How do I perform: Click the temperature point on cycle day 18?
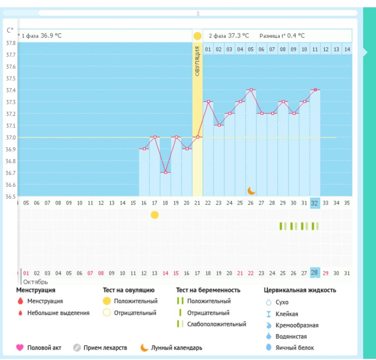[166, 172]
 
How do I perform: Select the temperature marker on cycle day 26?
[251, 90]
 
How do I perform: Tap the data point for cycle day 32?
[315, 90]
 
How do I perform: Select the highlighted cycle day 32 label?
[315, 203]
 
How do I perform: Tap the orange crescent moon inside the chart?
[251, 191]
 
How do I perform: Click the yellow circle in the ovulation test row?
[155, 215]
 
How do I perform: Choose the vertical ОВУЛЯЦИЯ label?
[197, 62]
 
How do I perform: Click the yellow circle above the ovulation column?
[197, 36]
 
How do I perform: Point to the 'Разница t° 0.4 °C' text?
[282, 36]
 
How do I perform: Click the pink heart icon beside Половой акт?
[20, 348]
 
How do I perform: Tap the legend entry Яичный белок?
[295, 348]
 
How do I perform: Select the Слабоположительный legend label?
[217, 324]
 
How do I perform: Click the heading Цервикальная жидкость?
[300, 290]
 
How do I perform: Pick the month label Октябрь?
[36, 281]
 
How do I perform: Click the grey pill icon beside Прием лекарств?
[77, 348]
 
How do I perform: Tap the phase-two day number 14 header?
[347, 49]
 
